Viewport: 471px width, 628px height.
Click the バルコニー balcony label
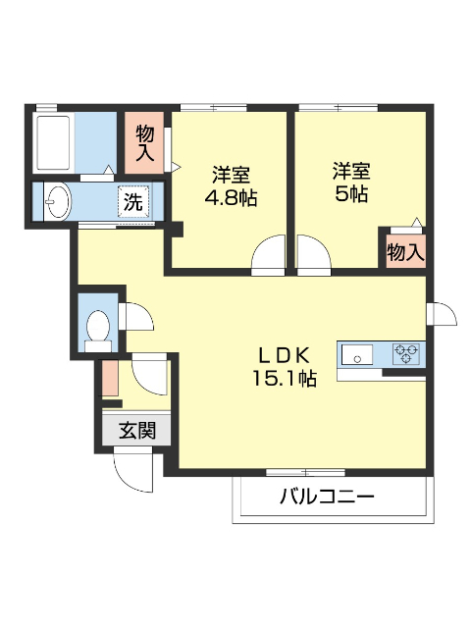[x=326, y=497]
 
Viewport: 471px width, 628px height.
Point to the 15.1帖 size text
[x=284, y=378]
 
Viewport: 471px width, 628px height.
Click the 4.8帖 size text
[x=231, y=197]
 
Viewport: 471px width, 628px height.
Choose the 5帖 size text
[x=349, y=193]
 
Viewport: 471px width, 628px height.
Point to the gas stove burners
[x=407, y=353]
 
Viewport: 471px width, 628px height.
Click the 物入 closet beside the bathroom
[x=145, y=142]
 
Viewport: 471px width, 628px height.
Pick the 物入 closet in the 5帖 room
[x=404, y=251]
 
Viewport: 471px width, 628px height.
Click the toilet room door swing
[x=134, y=317]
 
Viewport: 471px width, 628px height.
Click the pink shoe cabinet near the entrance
[x=109, y=379]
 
